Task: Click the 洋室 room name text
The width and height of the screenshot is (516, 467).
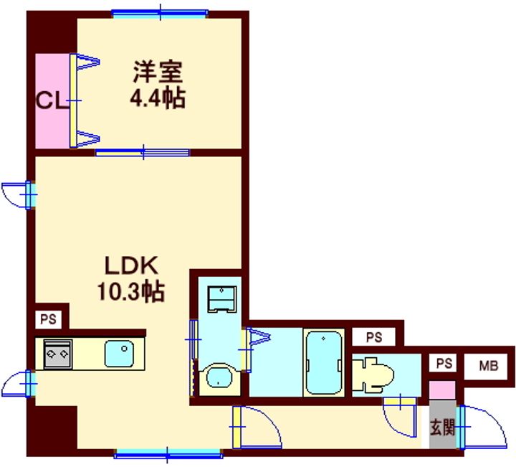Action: point(158,72)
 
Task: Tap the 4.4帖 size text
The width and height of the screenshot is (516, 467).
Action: point(157,97)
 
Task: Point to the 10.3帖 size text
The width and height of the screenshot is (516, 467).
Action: point(130,291)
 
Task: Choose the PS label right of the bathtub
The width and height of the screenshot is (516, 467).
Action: point(373,336)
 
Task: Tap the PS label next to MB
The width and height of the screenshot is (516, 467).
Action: point(444,364)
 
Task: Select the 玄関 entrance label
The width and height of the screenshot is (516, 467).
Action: point(442,428)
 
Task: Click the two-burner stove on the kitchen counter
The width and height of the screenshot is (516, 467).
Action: point(57,354)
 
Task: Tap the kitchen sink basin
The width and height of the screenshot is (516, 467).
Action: point(119,353)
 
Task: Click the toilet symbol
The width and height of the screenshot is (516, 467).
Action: point(375,374)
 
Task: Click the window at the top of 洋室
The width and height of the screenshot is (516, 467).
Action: point(160,12)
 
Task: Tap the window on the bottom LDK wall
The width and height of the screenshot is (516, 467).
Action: point(168,453)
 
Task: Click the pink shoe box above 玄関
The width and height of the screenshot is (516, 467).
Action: point(441,392)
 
